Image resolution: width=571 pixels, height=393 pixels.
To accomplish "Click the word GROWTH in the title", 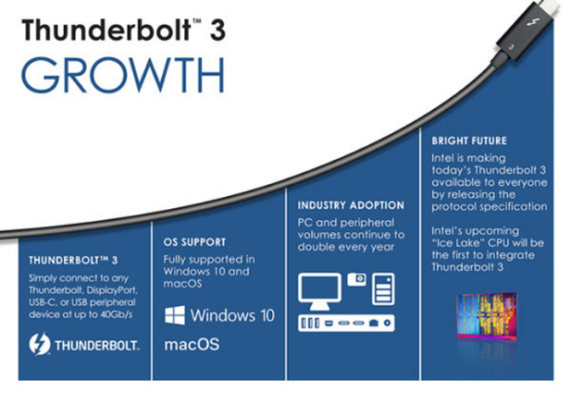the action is tap(123, 75).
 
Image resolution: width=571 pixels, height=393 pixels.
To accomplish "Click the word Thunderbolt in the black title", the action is tap(107, 29).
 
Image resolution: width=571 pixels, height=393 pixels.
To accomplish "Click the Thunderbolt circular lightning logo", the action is tap(39, 344).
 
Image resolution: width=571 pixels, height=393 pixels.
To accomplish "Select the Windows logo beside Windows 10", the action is tap(175, 315).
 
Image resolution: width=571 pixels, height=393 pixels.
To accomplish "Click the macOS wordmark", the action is tap(192, 344).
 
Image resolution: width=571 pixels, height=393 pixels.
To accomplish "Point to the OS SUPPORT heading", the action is tap(194, 242).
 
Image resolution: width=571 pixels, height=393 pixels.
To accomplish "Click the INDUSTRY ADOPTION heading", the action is tap(350, 205).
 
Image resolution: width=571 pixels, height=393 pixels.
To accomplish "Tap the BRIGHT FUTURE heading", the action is tap(469, 141).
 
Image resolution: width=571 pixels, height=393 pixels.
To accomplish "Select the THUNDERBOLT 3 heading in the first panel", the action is tap(73, 260).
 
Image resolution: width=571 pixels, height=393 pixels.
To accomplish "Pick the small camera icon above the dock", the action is tap(356, 280).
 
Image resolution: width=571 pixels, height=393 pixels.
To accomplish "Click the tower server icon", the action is tap(384, 289).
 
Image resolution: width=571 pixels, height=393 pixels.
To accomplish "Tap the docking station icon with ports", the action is tap(346, 323).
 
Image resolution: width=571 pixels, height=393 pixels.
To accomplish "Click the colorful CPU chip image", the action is tap(487, 316).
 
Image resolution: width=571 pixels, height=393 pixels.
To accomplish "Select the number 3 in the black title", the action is tap(217, 30).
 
